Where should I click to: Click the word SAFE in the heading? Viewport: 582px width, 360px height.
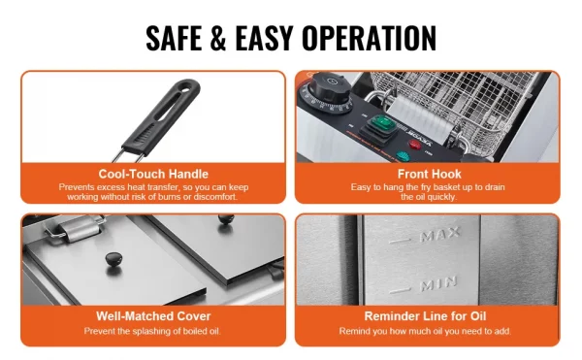pos(174,38)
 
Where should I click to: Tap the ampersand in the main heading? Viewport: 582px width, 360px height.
pos(218,38)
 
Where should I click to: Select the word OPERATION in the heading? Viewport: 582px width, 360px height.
pos(369,38)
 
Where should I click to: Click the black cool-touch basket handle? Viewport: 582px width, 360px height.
pos(162,116)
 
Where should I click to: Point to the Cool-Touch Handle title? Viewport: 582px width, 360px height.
pos(153,174)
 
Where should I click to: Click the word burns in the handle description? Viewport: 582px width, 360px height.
pos(169,197)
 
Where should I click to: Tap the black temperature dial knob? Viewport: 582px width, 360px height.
pos(329,88)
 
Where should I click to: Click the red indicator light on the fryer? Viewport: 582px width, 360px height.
pos(414,145)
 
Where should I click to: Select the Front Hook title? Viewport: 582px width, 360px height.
pos(429,174)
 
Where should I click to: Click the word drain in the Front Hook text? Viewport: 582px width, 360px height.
pos(495,187)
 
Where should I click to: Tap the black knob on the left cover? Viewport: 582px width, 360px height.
pos(113,258)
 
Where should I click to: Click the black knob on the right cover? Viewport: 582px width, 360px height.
pos(226,218)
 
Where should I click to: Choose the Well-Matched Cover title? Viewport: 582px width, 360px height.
pos(153,315)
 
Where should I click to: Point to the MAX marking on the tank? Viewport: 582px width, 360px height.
pos(440,234)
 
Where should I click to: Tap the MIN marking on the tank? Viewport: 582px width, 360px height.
pos(438,284)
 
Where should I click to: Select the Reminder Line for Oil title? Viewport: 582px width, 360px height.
pos(425,315)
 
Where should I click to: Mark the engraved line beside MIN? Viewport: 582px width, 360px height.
pos(400,290)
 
